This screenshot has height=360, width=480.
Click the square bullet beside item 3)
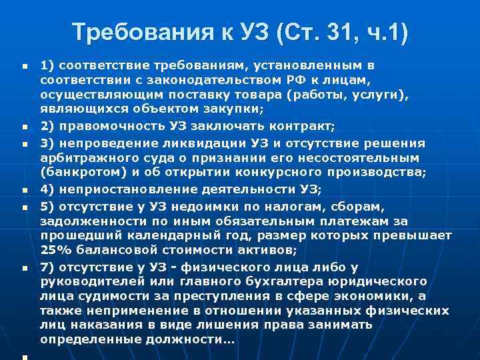(24, 143)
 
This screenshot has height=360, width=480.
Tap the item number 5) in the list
(47, 207)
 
